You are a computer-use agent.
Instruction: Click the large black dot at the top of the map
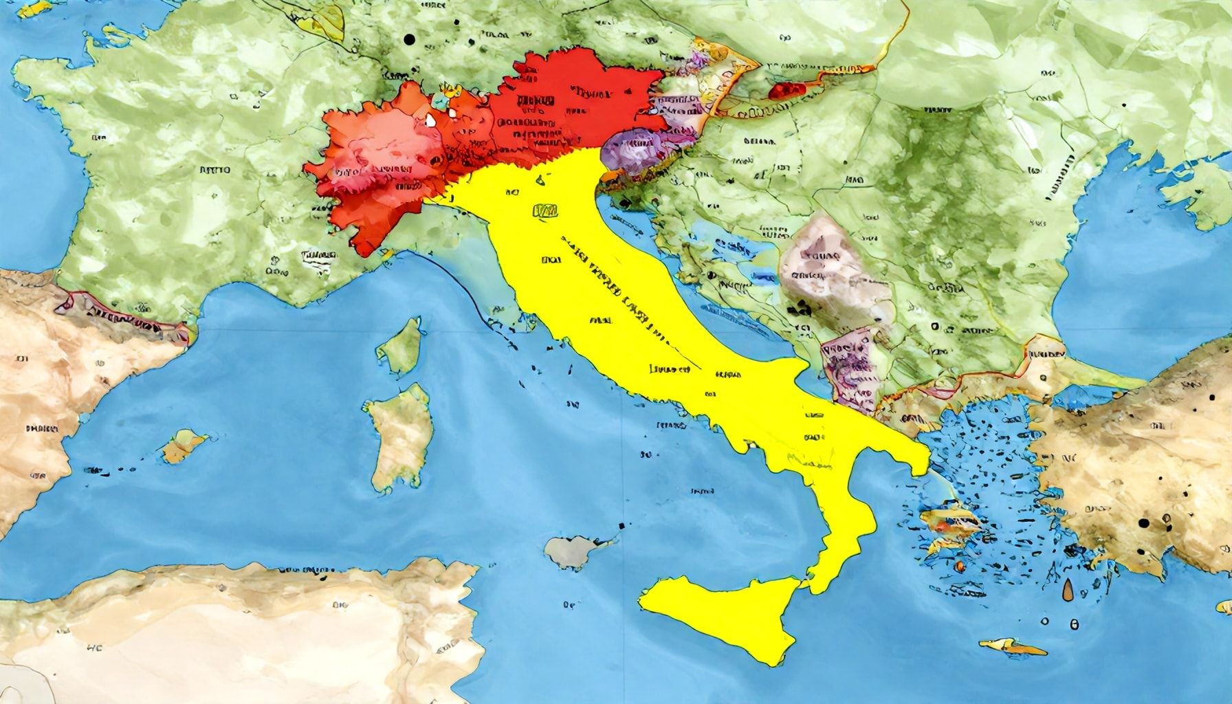click(410, 40)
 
